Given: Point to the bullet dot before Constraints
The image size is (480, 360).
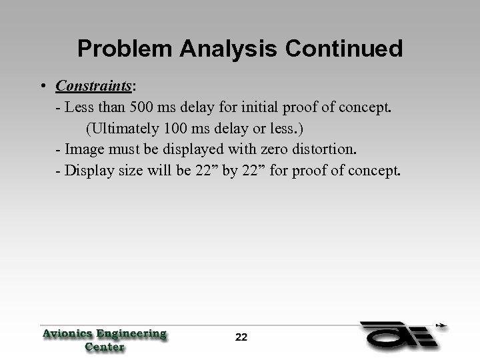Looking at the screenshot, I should click(x=42, y=87).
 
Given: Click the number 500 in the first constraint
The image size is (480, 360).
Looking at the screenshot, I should click(x=143, y=107).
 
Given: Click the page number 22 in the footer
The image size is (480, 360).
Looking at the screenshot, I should click(x=241, y=337).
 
